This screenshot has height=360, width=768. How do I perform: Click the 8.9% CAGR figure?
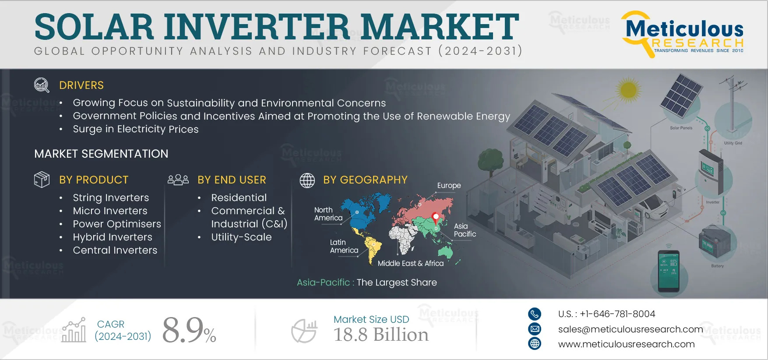189,330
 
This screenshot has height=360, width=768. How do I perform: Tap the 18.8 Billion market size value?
381,335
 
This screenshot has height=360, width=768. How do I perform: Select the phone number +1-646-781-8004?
617,314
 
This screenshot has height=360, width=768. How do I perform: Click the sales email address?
631,329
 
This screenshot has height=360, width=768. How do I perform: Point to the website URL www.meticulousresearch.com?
626,344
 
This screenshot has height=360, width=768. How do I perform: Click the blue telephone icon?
535,314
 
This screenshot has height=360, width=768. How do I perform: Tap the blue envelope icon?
535,329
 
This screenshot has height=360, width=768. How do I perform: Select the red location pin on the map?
436,218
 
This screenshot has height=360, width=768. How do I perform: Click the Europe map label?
449,186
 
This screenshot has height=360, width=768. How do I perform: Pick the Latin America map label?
344,246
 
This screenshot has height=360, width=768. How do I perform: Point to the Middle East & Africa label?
411,263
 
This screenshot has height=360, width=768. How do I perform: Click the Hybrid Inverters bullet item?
113,237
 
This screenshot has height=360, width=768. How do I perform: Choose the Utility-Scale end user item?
241,237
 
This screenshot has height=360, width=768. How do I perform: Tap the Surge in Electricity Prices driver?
136,129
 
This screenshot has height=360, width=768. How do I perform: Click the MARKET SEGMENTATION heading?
101,154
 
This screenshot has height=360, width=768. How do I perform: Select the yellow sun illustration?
628,90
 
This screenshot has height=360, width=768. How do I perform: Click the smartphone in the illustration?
669,271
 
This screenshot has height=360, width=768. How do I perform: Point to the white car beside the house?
653,207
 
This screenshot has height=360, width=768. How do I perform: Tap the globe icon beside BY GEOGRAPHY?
307,180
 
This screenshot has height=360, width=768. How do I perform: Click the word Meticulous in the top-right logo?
684,29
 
